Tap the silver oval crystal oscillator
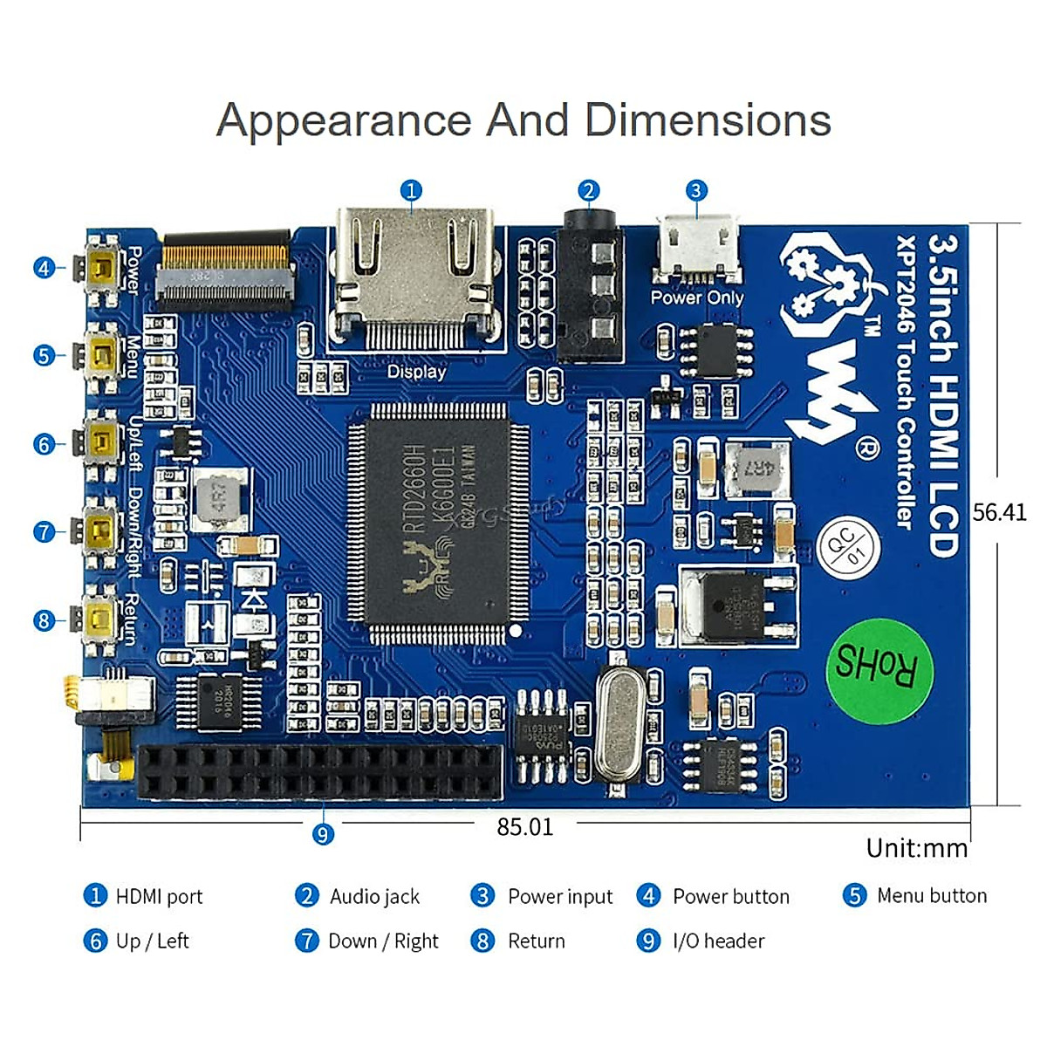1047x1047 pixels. [621, 725]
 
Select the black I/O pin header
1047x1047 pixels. [320, 772]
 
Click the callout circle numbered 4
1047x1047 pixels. [44, 268]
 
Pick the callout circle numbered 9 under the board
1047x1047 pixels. [323, 834]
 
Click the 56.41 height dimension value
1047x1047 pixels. [1000, 512]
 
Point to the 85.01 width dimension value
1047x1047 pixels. [524, 827]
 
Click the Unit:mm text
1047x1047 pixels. [916, 848]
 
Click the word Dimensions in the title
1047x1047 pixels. [708, 120]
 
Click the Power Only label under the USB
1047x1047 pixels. [697, 298]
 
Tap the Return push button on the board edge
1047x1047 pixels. [101, 619]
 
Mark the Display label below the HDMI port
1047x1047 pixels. [416, 372]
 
